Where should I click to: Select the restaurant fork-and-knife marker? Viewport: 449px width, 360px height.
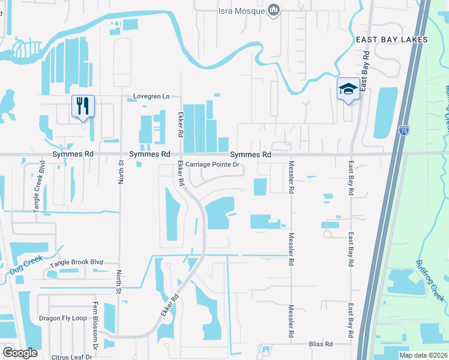83,106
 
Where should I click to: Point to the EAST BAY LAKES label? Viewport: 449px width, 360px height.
391,40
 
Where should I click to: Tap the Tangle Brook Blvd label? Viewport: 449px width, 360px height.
77,263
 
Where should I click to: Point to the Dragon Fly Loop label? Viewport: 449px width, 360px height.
62,318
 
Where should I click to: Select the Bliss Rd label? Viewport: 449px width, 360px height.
321,344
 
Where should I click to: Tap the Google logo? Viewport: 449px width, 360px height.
20,353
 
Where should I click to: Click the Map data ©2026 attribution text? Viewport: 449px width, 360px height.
423,355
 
